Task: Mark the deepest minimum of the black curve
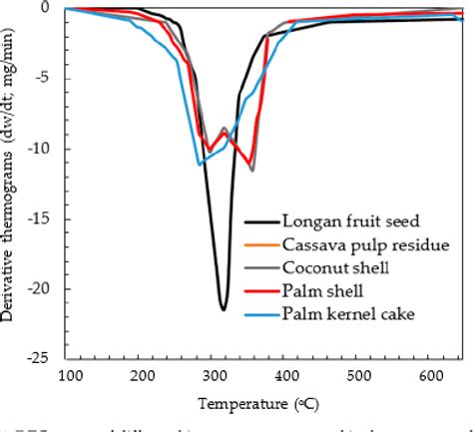(x=224, y=309)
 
